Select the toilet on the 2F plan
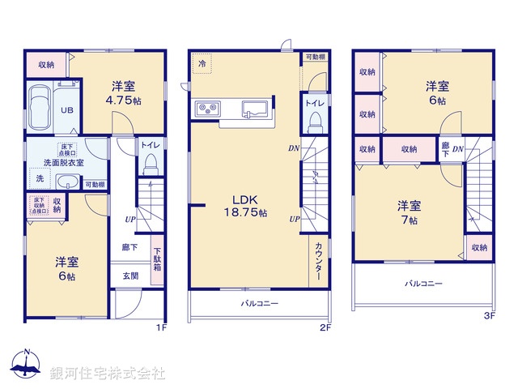[x=314, y=121]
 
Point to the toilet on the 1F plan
[x=149, y=165]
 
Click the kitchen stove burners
[x=205, y=109]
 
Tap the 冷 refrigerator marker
[x=201, y=62]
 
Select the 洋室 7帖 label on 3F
[x=407, y=212]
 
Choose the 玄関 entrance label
[x=130, y=276]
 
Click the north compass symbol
[x=27, y=365]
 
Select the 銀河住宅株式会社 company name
[x=108, y=373]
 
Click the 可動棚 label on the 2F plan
[x=315, y=58]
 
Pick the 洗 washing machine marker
[x=38, y=179]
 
